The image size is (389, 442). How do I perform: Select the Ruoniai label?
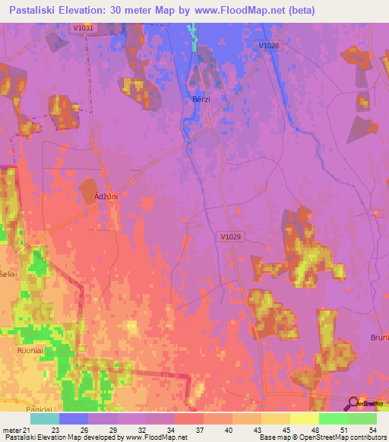[x=31, y=352]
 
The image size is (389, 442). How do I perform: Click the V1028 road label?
[x=269, y=46]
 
